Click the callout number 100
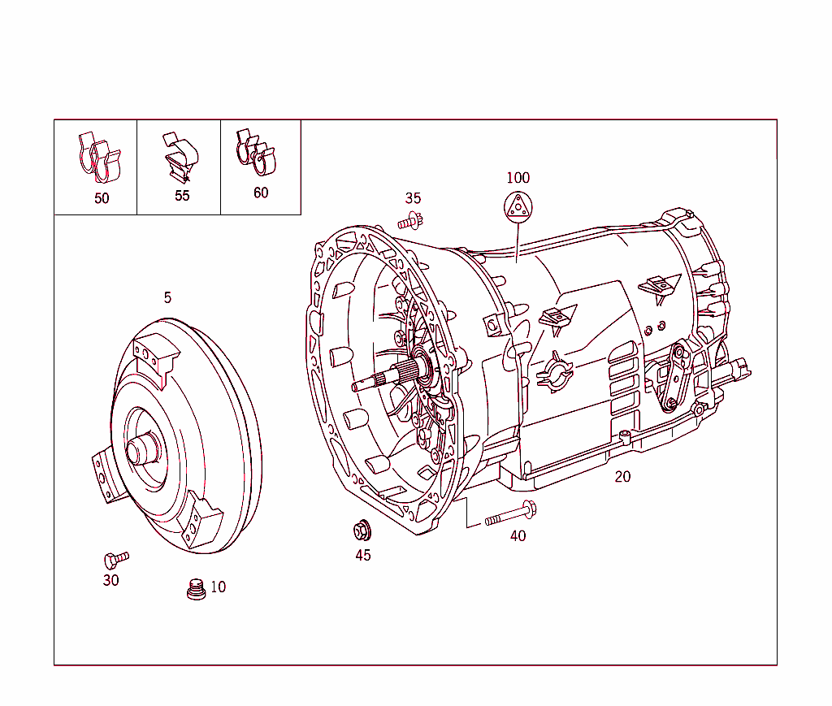point(518,178)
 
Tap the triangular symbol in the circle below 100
point(518,207)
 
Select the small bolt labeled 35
point(411,219)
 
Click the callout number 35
point(413,198)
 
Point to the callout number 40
point(518,536)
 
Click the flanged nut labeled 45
point(362,531)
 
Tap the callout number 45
point(362,556)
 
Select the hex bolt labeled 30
point(115,559)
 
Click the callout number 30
point(110,580)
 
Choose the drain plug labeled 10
point(195,590)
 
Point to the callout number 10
point(218,587)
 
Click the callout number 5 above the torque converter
point(167,297)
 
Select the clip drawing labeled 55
point(181,157)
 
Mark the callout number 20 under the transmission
point(622,477)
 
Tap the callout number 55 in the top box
point(182,196)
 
